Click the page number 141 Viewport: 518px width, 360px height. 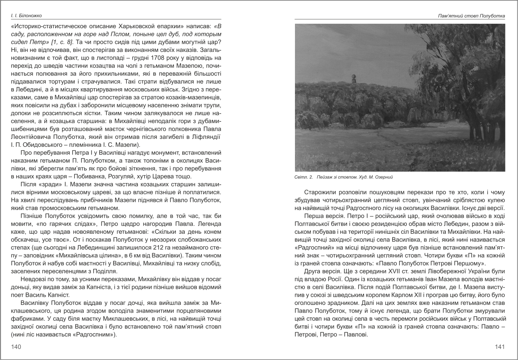[x=500, y=347]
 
